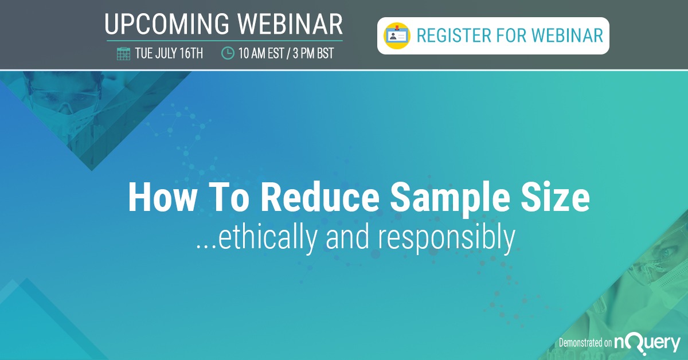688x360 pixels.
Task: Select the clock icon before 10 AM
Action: (x=228, y=54)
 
